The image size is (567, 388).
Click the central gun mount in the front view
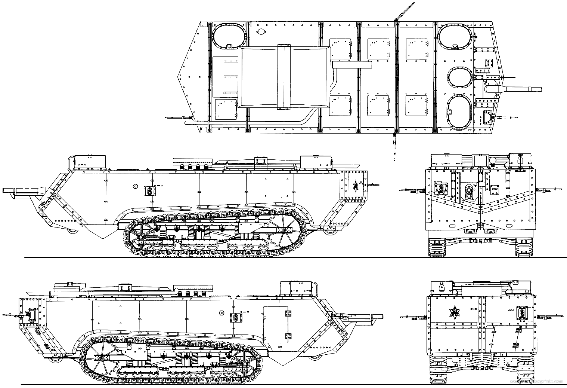point(468,193)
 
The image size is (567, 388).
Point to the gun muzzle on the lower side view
point(381,317)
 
